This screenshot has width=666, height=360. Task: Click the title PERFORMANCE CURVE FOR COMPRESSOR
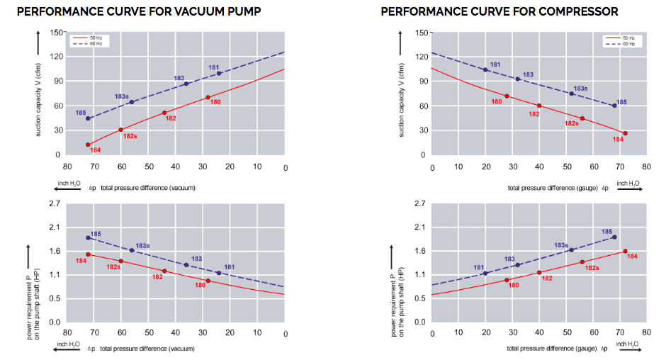499,11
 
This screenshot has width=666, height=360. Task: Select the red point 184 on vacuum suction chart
88,145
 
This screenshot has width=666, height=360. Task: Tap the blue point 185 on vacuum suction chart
88,118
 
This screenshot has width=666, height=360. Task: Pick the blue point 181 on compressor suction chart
485,69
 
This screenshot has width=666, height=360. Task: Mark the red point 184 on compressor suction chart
625,133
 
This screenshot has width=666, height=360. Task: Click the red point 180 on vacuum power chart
208,281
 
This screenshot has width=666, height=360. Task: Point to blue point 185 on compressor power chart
614,237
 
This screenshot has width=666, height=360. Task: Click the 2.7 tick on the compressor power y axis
419,204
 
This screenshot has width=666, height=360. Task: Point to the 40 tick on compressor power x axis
539,332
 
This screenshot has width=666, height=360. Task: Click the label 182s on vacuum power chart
113,266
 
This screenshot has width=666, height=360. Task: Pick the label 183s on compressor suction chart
580,89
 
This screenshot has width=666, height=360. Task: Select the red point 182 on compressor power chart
539,272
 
